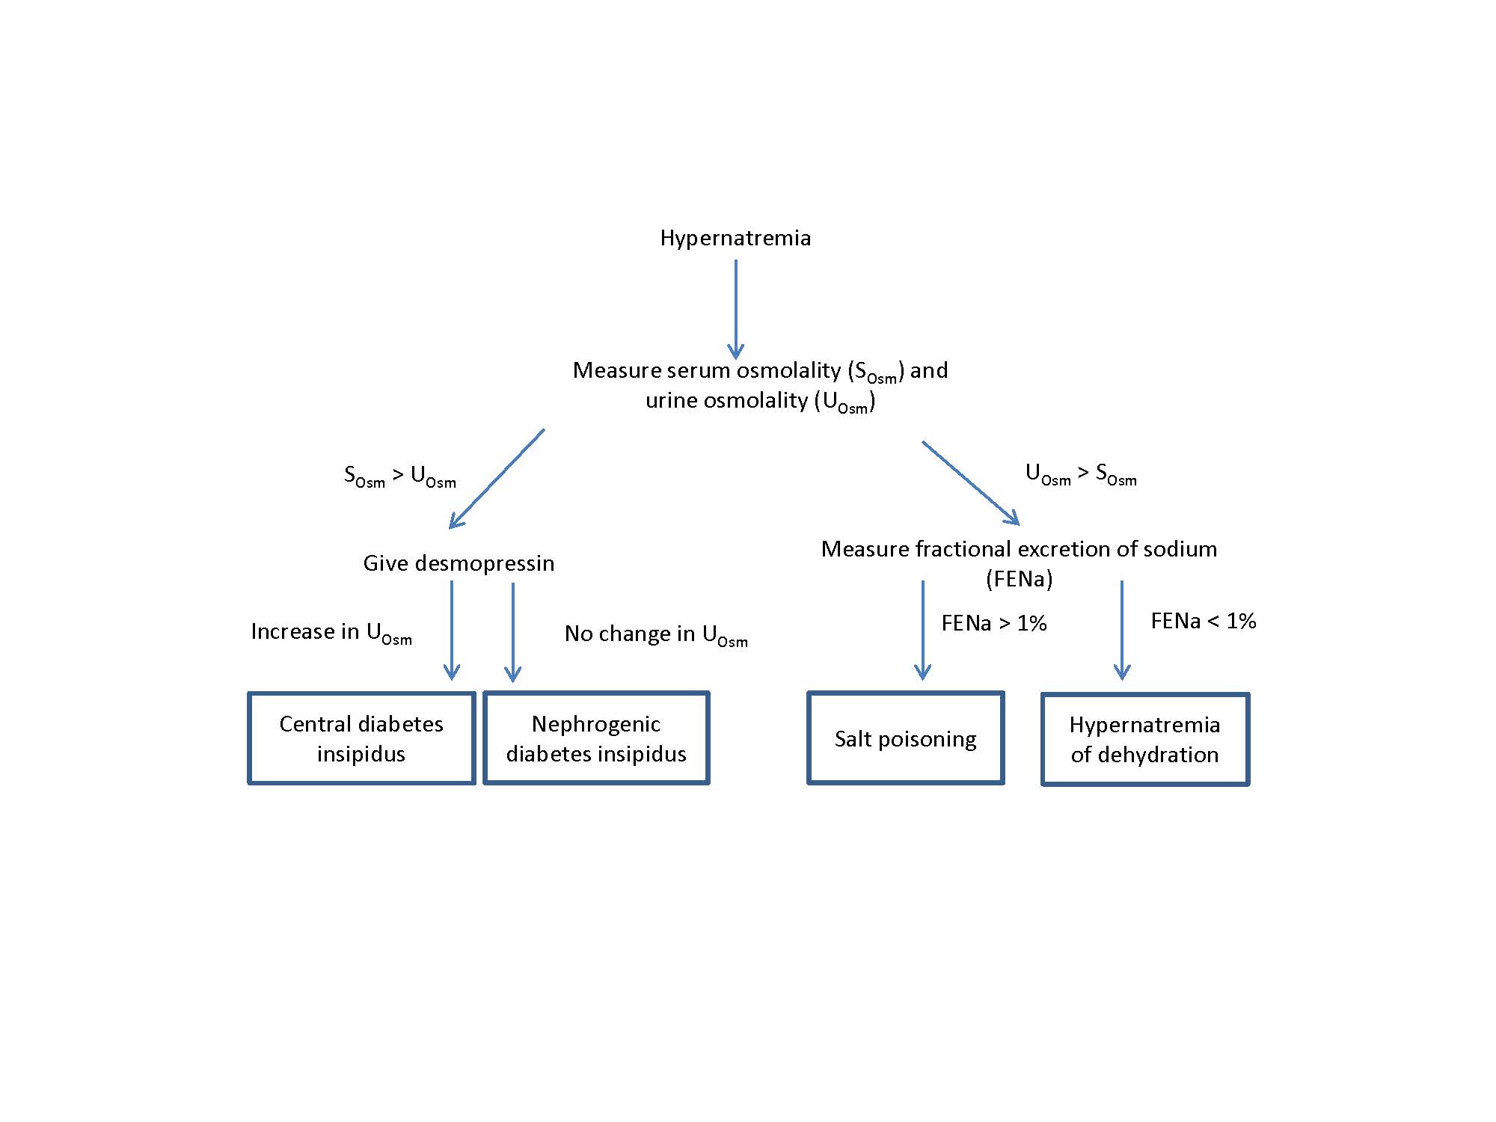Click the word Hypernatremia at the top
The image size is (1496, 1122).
point(735,238)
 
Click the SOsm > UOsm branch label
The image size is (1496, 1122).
point(399,476)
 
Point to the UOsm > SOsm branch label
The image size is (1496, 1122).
point(1081,474)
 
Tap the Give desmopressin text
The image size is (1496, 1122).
point(459,563)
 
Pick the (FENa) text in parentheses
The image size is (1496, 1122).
point(1019,579)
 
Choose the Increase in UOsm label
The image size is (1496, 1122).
point(331,633)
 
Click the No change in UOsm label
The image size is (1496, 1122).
point(656,635)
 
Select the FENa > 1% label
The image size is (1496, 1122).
point(993,623)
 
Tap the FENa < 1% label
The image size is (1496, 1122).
point(1203,621)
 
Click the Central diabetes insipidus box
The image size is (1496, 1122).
point(361,738)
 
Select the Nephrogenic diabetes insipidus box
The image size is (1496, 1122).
point(596,738)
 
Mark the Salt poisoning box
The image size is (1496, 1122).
point(905,739)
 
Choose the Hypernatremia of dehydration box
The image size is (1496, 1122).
point(1144,739)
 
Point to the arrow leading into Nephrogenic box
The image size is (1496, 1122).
point(512,632)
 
